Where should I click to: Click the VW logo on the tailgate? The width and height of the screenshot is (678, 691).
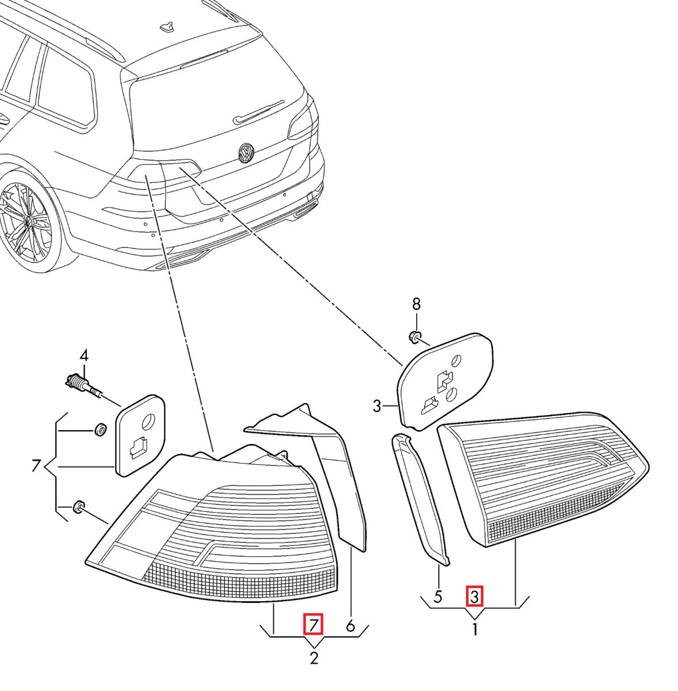(x=246, y=153)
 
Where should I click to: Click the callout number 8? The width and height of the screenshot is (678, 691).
(x=416, y=303)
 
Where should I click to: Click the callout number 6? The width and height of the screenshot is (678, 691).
(x=350, y=625)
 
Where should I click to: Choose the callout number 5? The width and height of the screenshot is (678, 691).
(x=438, y=597)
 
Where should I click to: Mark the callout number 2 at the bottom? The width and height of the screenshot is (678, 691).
(x=314, y=658)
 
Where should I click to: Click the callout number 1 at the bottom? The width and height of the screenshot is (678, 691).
(x=475, y=630)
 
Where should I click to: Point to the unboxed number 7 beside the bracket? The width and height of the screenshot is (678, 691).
(x=36, y=465)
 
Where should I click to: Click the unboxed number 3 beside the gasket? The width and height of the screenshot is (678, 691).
(x=377, y=407)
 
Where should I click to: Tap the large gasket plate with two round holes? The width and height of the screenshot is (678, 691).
(x=447, y=379)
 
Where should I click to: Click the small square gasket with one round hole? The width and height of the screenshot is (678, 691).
(x=140, y=435)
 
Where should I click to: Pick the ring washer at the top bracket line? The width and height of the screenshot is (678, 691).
(x=100, y=429)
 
